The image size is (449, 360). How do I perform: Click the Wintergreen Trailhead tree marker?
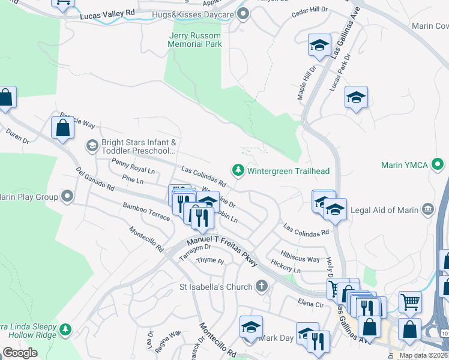(238, 171)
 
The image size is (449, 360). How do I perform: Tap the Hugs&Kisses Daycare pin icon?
(243, 13)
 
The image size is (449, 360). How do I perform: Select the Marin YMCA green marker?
(438, 164)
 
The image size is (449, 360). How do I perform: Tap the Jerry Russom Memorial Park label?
(194, 40)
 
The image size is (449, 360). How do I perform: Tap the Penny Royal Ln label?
(133, 166)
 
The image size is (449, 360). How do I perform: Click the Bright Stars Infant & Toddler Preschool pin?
(92, 145)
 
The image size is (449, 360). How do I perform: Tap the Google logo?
(20, 353)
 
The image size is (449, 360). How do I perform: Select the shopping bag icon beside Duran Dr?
(62, 128)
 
